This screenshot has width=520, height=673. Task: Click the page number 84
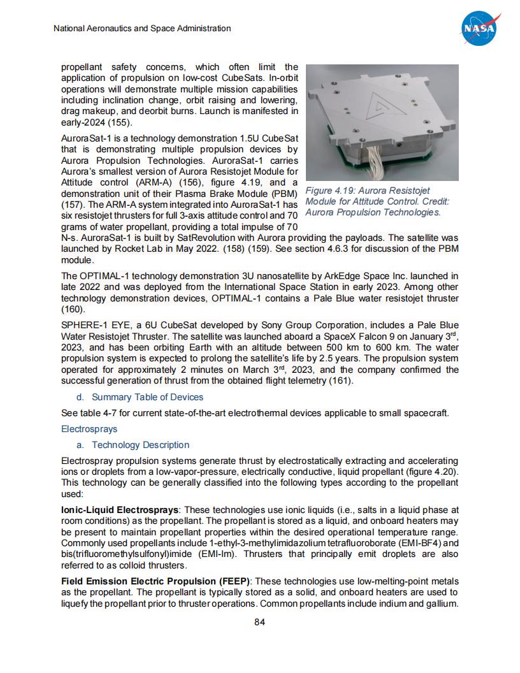(259, 622)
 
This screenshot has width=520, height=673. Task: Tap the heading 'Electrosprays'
(89, 429)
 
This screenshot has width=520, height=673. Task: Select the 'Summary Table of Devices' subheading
(148, 397)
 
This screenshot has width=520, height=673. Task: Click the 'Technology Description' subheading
(140, 445)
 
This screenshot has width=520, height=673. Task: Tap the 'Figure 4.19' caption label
(332, 191)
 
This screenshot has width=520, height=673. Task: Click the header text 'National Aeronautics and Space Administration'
(142, 29)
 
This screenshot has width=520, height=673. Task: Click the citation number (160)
(73, 309)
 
